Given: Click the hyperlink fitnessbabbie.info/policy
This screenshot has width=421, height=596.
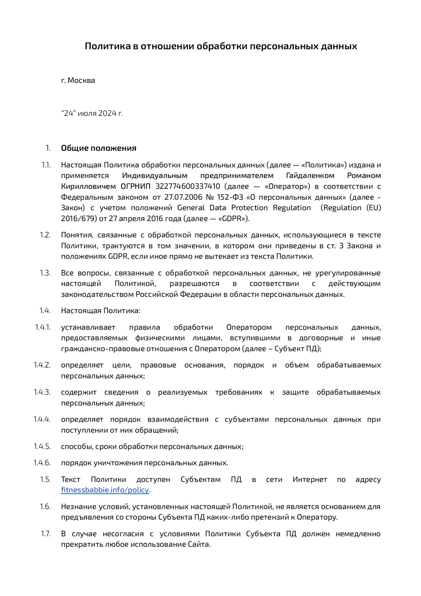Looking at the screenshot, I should (105, 490).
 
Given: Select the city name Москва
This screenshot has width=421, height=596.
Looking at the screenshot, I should (81, 80).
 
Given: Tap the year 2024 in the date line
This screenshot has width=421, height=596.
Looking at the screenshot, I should (107, 114).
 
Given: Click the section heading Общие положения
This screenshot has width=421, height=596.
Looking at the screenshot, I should (99, 148).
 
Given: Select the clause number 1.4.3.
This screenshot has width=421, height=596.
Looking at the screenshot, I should (42, 392).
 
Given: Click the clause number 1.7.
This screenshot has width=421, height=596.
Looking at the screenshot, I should (46, 534).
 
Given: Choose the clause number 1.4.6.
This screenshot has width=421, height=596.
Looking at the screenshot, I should (42, 463).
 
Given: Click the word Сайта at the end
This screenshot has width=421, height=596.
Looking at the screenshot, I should (199, 545).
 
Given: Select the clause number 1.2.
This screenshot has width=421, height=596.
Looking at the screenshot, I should (45, 235).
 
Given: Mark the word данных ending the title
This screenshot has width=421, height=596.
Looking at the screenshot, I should (339, 46).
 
